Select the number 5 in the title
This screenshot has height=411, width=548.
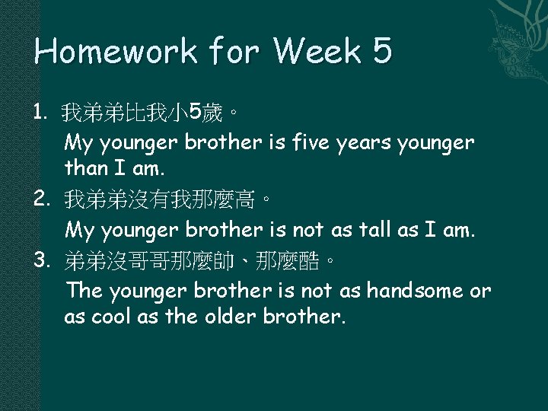(x=382, y=51)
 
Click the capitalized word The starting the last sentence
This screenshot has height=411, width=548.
(x=84, y=292)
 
